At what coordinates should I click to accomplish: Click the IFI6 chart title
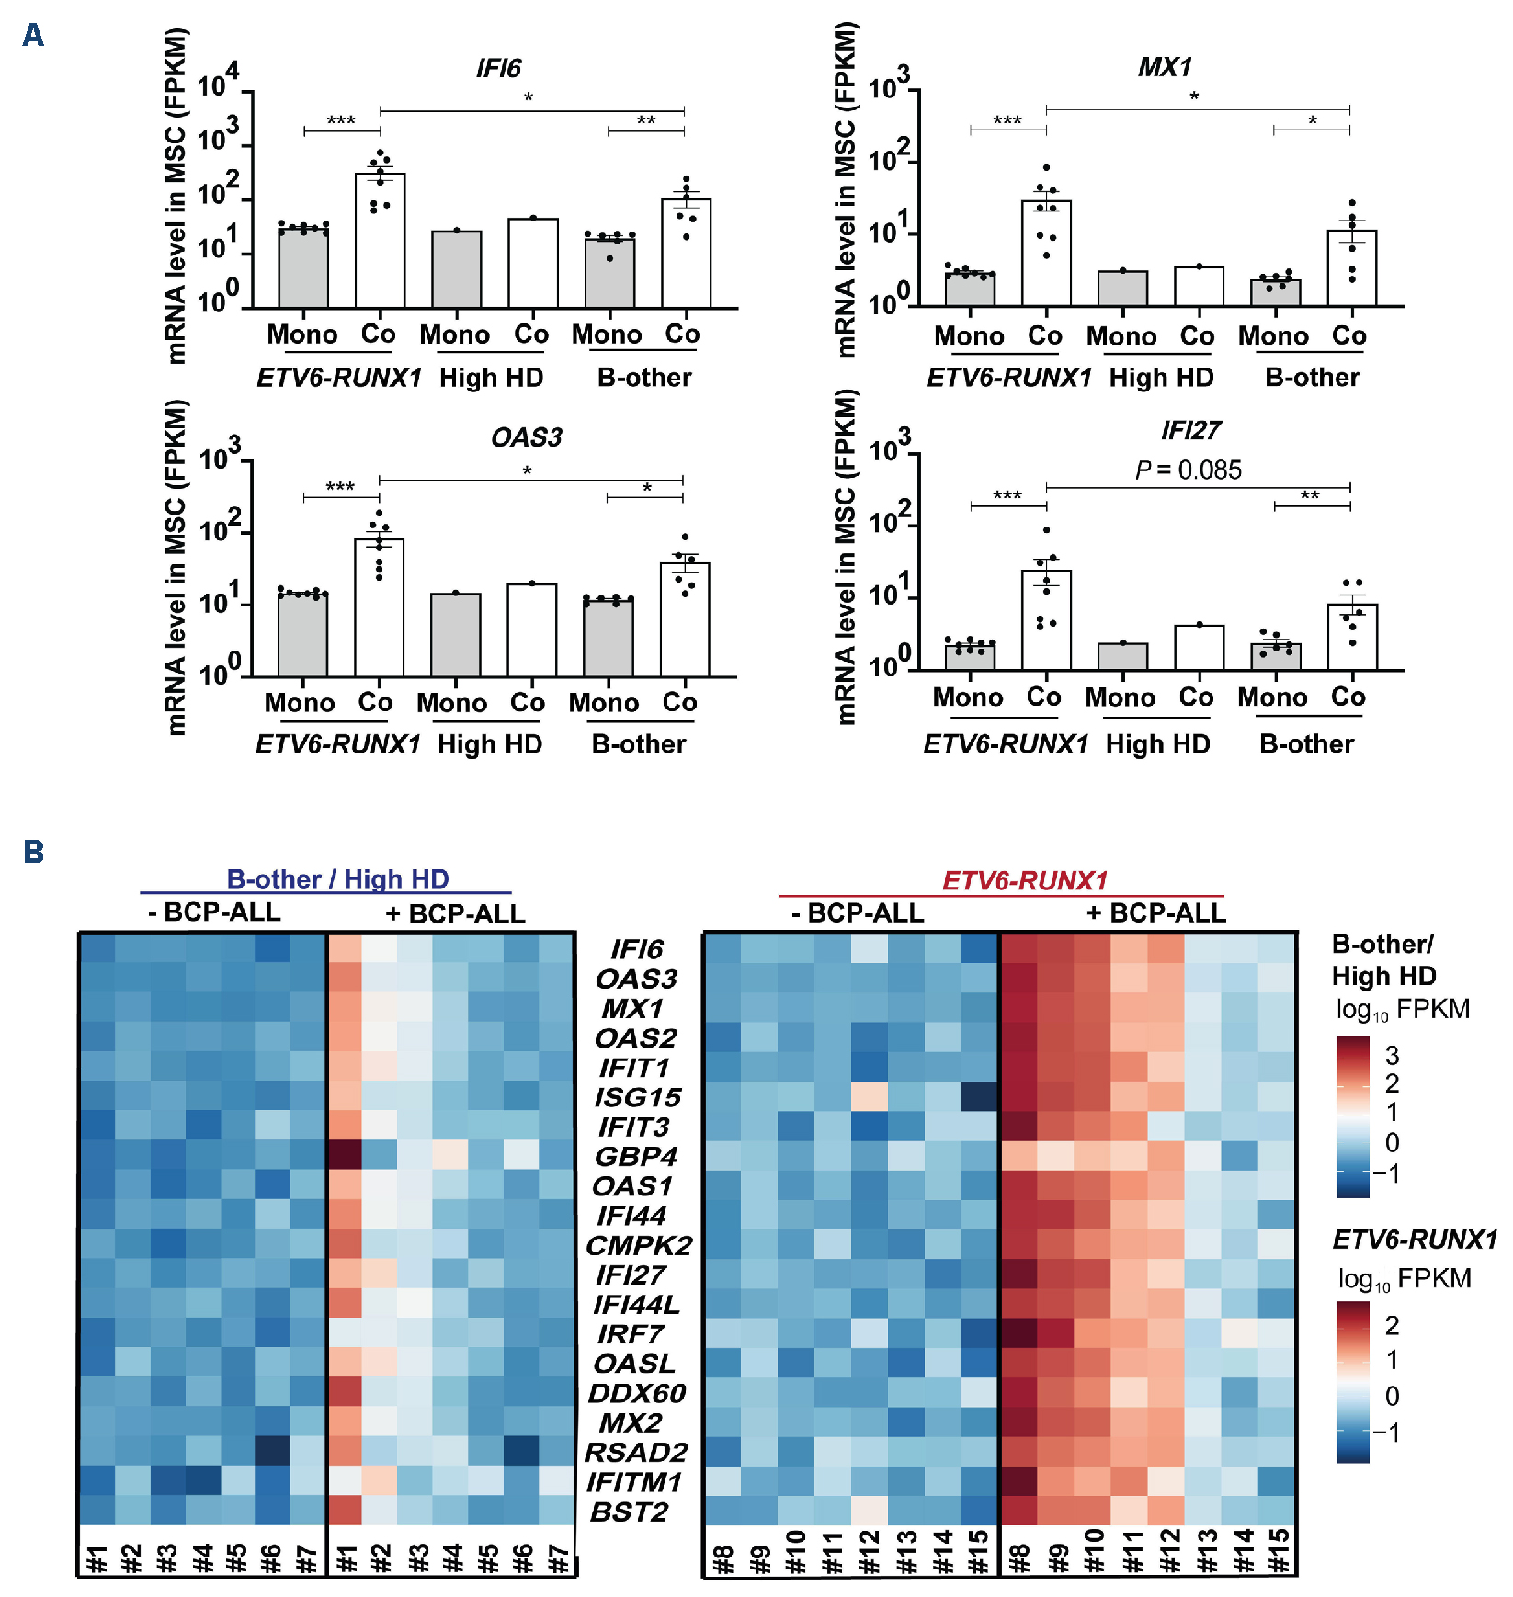pyautogui.click(x=498, y=68)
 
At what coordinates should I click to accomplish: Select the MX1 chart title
pyautogui.click(x=1165, y=67)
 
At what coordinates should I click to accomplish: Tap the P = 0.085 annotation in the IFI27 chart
pyautogui.click(x=1188, y=470)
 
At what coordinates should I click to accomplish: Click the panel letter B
pyautogui.click(x=33, y=852)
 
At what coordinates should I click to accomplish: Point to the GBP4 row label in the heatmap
pyautogui.click(x=636, y=1156)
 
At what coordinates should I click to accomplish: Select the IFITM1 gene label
pyautogui.click(x=634, y=1482)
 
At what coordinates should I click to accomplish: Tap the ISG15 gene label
pyautogui.click(x=638, y=1097)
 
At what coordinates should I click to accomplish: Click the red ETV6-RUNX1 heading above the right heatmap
pyautogui.click(x=1025, y=880)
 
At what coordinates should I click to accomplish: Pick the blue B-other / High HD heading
pyautogui.click(x=337, y=879)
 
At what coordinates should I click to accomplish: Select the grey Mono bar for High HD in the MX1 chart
pyautogui.click(x=1122, y=288)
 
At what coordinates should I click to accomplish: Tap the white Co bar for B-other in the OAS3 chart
pyautogui.click(x=685, y=620)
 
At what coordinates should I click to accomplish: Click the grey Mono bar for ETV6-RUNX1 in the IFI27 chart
pyautogui.click(x=970, y=657)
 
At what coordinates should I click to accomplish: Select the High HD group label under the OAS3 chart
pyautogui.click(x=490, y=743)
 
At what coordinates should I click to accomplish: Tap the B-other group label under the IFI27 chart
pyautogui.click(x=1306, y=743)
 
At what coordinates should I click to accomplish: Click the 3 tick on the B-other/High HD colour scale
pyautogui.click(x=1392, y=1055)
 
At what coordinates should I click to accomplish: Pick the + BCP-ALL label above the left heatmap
pyautogui.click(x=455, y=913)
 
